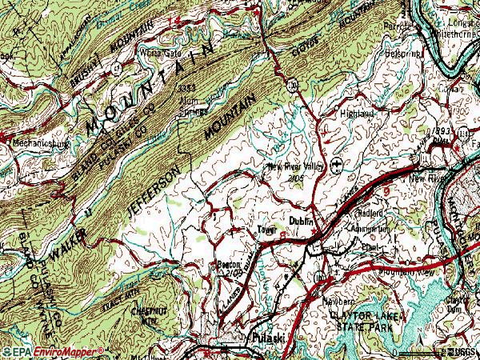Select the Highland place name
[x=358, y=114]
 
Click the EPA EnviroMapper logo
[x=53, y=350]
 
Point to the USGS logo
[x=459, y=350]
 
